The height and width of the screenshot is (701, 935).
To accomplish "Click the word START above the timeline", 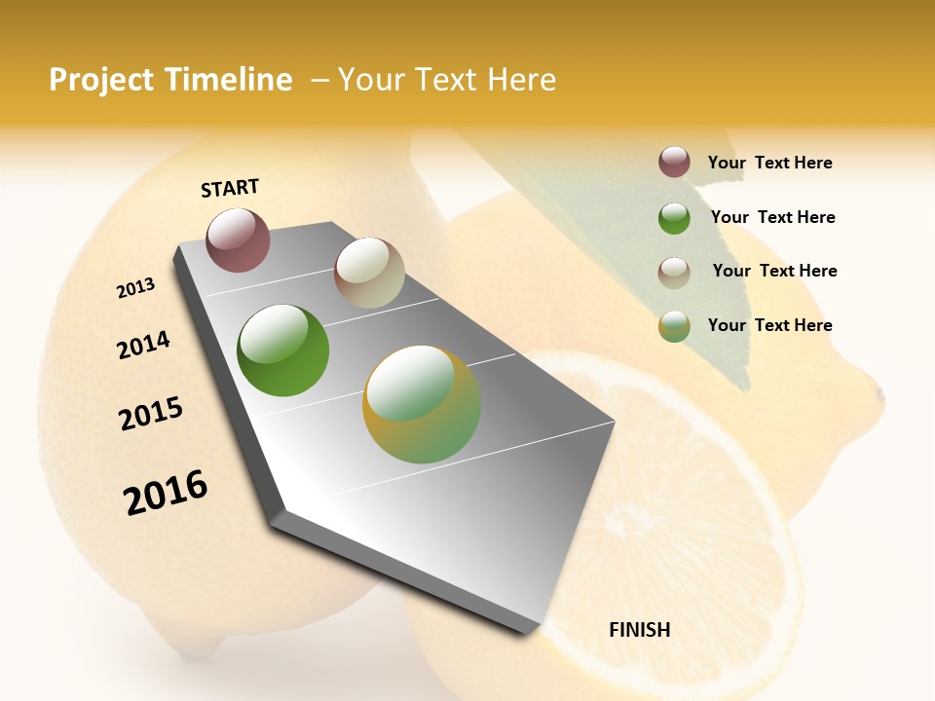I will pyautogui.click(x=230, y=188).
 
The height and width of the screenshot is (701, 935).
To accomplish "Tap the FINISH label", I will pyautogui.click(x=639, y=630).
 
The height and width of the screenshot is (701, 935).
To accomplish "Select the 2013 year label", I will pyautogui.click(x=135, y=288).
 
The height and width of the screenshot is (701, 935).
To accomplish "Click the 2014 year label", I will pyautogui.click(x=143, y=345).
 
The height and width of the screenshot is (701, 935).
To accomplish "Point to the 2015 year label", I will pyautogui.click(x=151, y=414).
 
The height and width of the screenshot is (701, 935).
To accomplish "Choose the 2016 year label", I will pyautogui.click(x=166, y=492).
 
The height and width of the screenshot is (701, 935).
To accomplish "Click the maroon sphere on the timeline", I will pyautogui.click(x=238, y=240).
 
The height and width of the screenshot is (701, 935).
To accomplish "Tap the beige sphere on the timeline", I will pyautogui.click(x=369, y=273).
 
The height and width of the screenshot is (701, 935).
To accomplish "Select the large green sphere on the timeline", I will pyautogui.click(x=283, y=350).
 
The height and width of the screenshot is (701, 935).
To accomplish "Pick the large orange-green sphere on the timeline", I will pyautogui.click(x=422, y=404).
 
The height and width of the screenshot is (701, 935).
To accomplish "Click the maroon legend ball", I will pyautogui.click(x=674, y=163).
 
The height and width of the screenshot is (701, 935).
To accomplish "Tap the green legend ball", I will pyautogui.click(x=674, y=217).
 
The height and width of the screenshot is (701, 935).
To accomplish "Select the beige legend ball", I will pyautogui.click(x=674, y=272).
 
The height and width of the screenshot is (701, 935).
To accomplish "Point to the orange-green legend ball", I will pyautogui.click(x=674, y=326).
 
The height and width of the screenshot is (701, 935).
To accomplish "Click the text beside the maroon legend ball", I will pyautogui.click(x=769, y=164).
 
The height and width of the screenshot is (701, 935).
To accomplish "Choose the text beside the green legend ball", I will pyautogui.click(x=772, y=217).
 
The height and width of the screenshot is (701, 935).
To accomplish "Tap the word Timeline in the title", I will pyautogui.click(x=229, y=80).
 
